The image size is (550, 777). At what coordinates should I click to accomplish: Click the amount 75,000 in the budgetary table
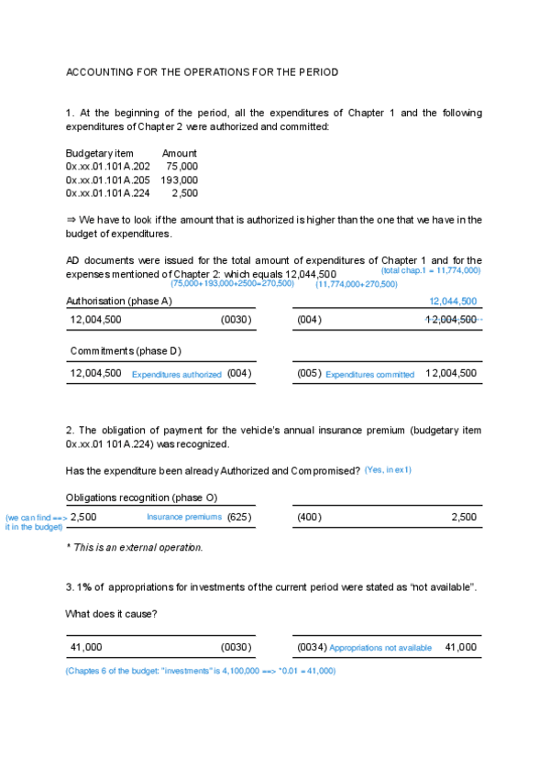pyautogui.click(x=181, y=167)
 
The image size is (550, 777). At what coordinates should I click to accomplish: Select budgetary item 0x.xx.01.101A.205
pyautogui.click(x=107, y=181)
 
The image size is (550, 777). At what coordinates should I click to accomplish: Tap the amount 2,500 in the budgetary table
pyautogui.click(x=184, y=193)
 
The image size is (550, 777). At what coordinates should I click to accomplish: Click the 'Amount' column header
pyautogui.click(x=180, y=153)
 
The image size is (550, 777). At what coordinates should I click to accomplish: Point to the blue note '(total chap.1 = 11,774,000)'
pyautogui.click(x=431, y=271)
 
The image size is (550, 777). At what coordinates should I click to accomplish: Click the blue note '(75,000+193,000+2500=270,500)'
pyautogui.click(x=232, y=284)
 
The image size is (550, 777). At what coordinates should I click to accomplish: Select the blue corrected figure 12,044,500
pyautogui.click(x=453, y=301)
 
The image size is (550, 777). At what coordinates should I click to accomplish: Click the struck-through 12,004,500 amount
pyautogui.click(x=452, y=320)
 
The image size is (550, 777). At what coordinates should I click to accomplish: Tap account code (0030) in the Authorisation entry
pyautogui.click(x=236, y=320)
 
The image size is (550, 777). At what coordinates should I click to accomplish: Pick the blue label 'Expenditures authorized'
pyautogui.click(x=177, y=375)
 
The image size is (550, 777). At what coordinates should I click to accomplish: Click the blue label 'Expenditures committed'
pyautogui.click(x=369, y=375)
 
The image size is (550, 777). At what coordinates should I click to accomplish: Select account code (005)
pyautogui.click(x=309, y=374)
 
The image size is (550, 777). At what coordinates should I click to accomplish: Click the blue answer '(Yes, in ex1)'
pyautogui.click(x=388, y=470)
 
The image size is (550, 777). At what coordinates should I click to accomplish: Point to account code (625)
pyautogui.click(x=239, y=518)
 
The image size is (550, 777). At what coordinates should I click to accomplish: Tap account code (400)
pyautogui.click(x=310, y=518)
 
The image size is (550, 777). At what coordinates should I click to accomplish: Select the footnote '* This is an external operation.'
pyautogui.click(x=135, y=547)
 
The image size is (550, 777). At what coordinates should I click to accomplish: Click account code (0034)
pyautogui.click(x=313, y=648)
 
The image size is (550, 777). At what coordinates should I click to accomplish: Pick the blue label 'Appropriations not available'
pyautogui.click(x=380, y=648)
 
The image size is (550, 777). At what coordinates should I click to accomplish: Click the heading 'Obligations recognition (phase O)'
pyautogui.click(x=141, y=497)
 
